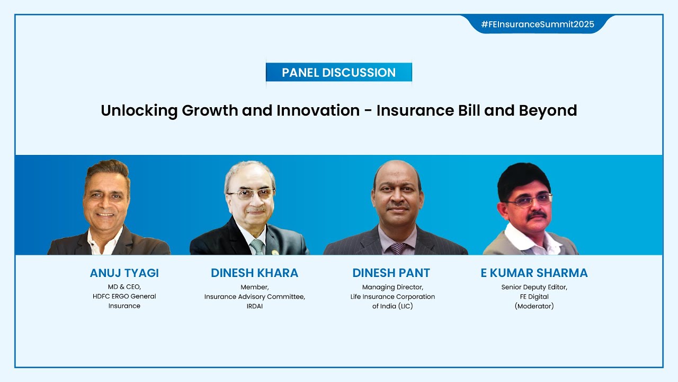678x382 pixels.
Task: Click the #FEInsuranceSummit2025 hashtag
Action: point(537,24)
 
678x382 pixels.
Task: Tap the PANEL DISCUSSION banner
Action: point(338,73)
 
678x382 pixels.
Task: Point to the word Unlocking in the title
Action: point(139,110)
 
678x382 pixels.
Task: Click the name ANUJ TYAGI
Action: point(124,273)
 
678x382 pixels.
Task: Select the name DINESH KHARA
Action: point(254,273)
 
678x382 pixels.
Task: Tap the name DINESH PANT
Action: point(391,273)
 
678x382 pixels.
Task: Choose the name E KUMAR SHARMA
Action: point(534,273)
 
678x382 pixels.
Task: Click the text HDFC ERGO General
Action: point(124,297)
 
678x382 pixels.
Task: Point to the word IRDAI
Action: point(254,306)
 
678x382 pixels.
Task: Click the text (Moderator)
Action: point(534,306)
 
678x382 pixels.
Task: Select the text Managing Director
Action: point(392,287)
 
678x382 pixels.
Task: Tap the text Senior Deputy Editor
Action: point(534,287)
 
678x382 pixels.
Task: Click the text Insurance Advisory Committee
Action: point(254,297)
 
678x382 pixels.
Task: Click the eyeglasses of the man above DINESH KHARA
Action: point(251,194)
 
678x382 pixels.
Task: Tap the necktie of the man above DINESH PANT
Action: point(397,248)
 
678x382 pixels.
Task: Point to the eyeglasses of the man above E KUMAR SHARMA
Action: point(529,200)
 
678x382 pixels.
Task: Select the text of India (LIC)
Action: point(392,306)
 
